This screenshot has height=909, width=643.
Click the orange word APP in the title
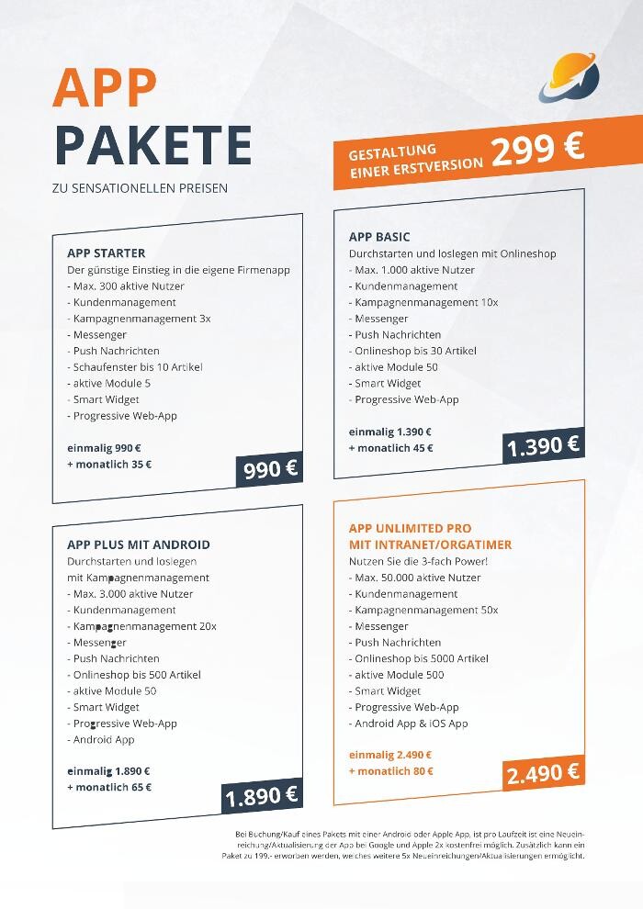click(105, 87)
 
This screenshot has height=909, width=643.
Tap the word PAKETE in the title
click(152, 144)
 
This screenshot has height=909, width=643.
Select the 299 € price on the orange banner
click(537, 151)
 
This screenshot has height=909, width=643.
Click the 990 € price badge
click(270, 469)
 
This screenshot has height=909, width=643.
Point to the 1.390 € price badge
click(543, 446)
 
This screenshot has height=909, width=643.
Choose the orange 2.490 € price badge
click(543, 773)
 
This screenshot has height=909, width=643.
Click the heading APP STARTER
click(107, 253)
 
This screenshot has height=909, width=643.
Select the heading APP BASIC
click(379, 237)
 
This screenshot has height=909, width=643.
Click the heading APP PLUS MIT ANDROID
click(139, 544)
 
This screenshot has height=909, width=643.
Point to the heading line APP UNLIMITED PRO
click(411, 529)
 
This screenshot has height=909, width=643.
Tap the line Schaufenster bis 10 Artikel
click(135, 367)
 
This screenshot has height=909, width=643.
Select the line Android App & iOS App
click(409, 724)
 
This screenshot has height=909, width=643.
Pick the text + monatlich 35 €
click(109, 465)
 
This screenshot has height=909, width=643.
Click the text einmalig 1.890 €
click(108, 771)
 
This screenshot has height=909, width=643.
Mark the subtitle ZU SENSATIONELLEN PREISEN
click(141, 189)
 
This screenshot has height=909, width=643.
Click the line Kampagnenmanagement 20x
click(142, 626)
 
